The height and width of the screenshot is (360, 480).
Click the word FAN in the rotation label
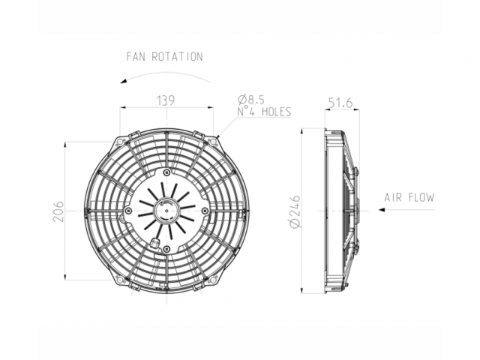coord(136,57)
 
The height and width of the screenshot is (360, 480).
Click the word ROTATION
coord(177,57)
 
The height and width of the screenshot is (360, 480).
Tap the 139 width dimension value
coord(166,100)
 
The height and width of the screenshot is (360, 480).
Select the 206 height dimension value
coord(58,211)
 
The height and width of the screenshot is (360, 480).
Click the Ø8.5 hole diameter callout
coord(251,100)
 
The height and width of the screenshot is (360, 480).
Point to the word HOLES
coord(277,112)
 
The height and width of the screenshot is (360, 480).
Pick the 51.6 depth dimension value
coord(340,103)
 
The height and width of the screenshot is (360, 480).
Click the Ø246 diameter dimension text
coord(295,211)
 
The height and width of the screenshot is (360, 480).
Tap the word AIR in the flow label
coord(393,197)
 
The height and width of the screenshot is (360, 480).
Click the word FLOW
coord(421,197)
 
